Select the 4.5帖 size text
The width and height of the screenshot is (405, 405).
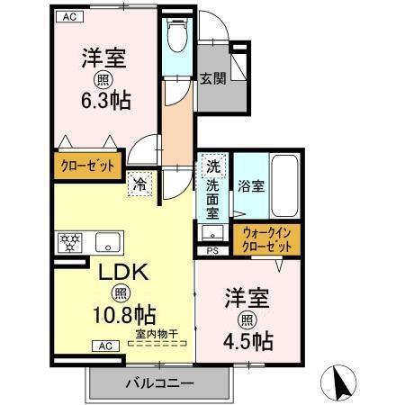[250, 342]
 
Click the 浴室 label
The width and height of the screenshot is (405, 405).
[251, 186]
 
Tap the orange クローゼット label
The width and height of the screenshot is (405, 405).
[87, 166]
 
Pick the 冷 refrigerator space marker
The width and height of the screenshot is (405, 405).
[141, 184]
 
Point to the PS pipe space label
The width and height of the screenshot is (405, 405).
[213, 251]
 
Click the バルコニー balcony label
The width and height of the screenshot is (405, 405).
[157, 383]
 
